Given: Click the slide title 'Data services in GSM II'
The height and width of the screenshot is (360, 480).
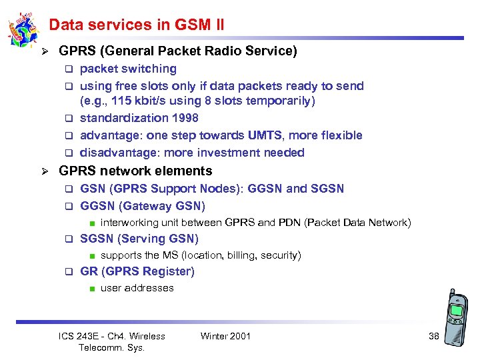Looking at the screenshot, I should pos(136,25).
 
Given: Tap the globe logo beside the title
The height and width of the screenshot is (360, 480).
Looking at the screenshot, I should pos(23,30).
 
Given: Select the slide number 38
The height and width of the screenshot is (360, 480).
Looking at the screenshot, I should pos(433,336).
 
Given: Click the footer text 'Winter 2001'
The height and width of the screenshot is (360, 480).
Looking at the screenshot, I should pos(225,336).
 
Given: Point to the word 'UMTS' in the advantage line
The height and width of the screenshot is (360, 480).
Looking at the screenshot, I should pos(265,135).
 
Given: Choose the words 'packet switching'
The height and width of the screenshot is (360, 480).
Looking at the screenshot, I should pos(128,69).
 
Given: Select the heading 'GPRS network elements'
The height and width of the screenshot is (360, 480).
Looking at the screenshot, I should pos(135,171).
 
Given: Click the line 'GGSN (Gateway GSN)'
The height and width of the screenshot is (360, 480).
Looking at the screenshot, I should pos(143,206).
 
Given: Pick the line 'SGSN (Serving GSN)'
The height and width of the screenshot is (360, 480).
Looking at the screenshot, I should pos(139,239).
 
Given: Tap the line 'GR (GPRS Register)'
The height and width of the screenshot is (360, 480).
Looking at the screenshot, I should pos(137,271).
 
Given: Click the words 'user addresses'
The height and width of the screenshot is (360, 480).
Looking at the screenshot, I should pos(137,288).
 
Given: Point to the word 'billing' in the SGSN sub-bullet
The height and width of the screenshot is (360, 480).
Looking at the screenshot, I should pos(241,255).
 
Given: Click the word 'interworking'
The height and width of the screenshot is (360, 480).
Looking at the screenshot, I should pos(128,223).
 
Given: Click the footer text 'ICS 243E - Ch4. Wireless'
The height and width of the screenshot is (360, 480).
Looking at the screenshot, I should pos(112,336).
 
